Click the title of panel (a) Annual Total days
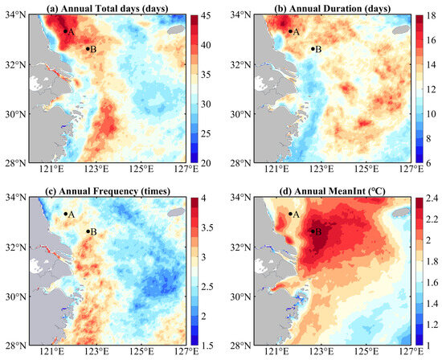pos(107,8)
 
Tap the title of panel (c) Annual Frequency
pos(107,190)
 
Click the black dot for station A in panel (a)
pos(65,31)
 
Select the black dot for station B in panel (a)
pos(88,48)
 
